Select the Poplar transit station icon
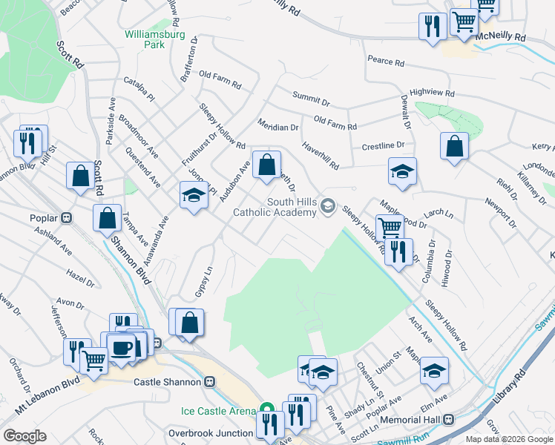tap(66, 218)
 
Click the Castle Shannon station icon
tap(210, 381)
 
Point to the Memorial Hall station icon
tap(448, 419)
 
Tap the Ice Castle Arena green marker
tap(266, 410)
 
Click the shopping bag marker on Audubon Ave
tap(266, 164)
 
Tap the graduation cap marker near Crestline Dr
tap(402, 171)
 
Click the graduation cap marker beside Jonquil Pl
tap(194, 195)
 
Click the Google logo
tap(24, 435)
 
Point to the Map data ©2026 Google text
tap(509, 439)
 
